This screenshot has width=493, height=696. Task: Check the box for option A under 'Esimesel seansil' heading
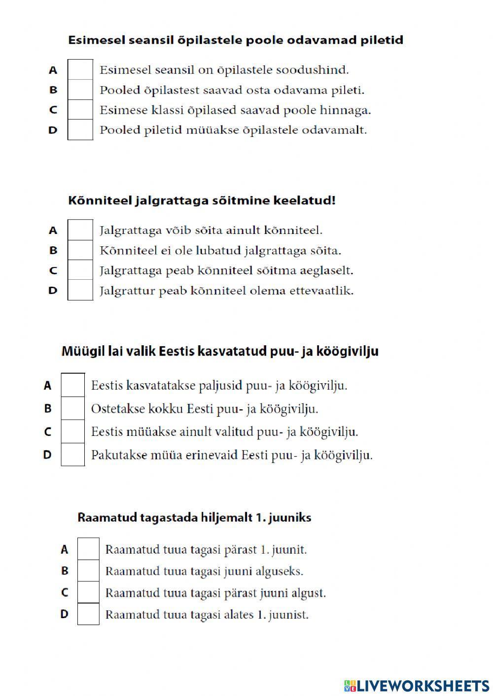pos(80,69)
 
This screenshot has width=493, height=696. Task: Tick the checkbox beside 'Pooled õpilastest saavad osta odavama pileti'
pos(80,90)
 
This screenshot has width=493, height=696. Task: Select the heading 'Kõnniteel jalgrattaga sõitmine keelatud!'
pos(202,200)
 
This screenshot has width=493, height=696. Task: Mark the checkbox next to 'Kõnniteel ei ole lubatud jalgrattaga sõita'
pos(80,250)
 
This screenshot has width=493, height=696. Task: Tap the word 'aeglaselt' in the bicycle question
pos(330,271)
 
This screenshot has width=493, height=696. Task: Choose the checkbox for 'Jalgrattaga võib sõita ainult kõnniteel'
pos(80,230)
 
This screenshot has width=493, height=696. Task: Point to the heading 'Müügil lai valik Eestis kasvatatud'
pos(220,351)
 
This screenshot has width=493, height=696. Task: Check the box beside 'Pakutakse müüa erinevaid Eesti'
pos(73,454)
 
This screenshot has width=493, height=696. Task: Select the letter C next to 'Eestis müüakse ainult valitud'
pos(47,432)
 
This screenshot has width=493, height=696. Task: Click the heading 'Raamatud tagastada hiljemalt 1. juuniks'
pos(194,518)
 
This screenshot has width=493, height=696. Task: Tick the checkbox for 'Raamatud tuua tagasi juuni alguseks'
pos(88,571)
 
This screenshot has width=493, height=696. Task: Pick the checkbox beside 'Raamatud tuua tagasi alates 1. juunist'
pos(88,614)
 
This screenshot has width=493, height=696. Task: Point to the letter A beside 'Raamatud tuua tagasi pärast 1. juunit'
pos(64,549)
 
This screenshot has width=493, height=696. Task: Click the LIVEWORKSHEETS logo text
pos(423,685)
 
